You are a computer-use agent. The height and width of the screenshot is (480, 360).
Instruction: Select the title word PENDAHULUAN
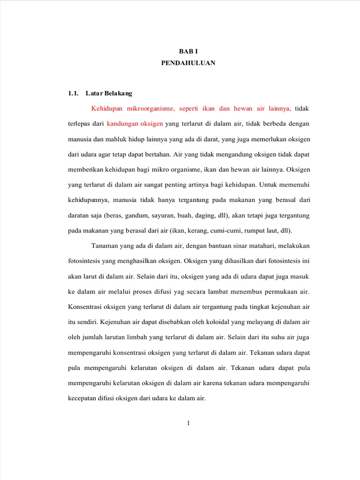pos(188,63)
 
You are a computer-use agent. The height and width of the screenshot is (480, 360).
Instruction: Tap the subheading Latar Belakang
pos(109,93)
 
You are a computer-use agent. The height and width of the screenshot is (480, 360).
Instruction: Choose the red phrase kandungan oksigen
pos(135,124)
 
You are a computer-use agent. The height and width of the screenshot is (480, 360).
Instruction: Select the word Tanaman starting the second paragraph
pos(105,246)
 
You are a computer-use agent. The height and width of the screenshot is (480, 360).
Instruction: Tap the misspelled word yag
pos(178,292)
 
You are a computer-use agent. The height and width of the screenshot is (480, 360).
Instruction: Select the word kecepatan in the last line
pos(84,398)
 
